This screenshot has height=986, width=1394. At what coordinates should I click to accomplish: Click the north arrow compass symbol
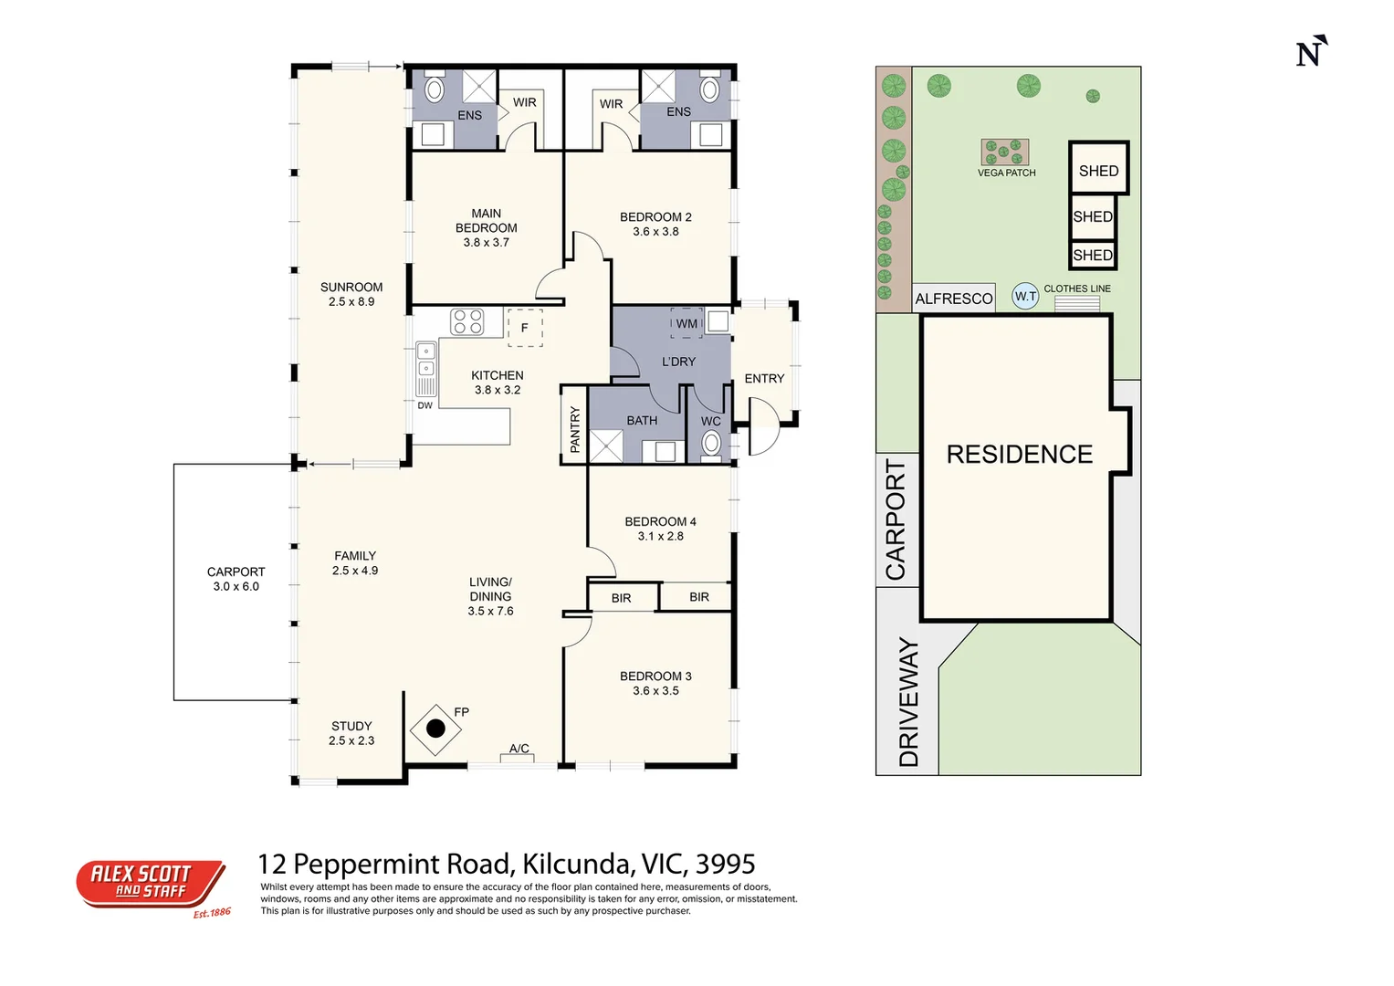[1312, 51]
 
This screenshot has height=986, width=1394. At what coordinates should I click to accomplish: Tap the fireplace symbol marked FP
[435, 729]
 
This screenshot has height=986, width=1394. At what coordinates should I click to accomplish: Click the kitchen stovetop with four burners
[467, 321]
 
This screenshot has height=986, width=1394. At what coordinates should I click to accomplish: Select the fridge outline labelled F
[525, 328]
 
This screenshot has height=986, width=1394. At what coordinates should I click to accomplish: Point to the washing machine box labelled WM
[687, 324]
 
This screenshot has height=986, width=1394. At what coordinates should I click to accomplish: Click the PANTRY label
[575, 429]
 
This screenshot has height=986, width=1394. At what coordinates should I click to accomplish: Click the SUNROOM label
[351, 287]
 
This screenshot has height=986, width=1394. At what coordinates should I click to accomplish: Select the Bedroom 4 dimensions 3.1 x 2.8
[660, 536]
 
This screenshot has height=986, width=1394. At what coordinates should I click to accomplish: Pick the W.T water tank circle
[1025, 297]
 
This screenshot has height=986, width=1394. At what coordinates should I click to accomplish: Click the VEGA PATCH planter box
[1004, 152]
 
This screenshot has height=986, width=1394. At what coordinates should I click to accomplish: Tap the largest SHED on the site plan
[1099, 167]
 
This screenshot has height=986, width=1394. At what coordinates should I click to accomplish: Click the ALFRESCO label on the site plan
[953, 299]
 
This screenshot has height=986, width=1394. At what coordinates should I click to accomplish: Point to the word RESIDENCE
[1020, 455]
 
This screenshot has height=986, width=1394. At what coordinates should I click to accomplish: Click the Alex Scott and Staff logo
[152, 887]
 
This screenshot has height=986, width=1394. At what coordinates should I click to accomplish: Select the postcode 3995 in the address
[726, 864]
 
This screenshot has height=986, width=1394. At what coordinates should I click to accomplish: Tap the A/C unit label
[519, 749]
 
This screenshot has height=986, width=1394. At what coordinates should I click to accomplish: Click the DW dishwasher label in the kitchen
[425, 406]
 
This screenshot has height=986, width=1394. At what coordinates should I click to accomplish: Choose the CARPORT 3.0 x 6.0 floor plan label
[236, 579]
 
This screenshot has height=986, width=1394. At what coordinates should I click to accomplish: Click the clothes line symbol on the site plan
[1077, 303]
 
